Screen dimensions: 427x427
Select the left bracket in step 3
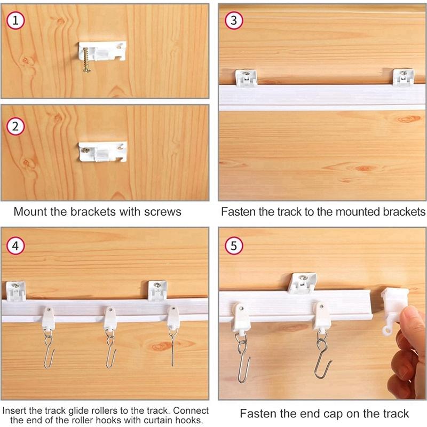(x=245, y=78)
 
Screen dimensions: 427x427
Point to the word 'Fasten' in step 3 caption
(x=238, y=211)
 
